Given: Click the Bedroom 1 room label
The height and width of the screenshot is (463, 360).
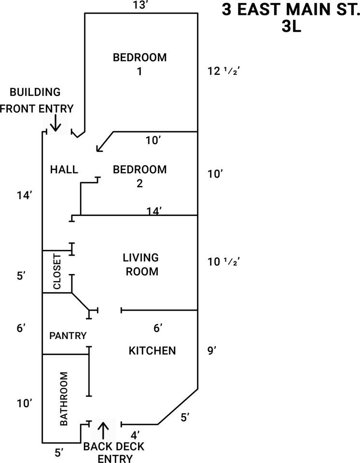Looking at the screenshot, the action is coord(140,64).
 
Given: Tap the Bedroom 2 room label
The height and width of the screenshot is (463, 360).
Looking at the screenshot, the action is coord(140,177).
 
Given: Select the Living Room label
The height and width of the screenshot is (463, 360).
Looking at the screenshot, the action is coord(141,264).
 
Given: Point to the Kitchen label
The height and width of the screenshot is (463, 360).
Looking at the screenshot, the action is coord(152,351).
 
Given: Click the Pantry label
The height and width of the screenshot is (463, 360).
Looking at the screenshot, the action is coord(68,336).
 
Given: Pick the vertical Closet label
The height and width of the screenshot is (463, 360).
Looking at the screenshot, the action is coord(57,272).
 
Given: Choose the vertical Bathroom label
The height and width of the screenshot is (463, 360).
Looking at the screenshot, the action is coord(64,399).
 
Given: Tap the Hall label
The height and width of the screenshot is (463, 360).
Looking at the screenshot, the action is coord(64,169).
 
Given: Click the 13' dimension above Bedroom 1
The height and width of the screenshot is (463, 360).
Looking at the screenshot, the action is coord(140,5).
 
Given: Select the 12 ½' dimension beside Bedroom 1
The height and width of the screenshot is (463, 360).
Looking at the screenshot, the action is coord(223,71).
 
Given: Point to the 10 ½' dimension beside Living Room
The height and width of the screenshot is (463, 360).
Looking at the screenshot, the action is coord(223,261).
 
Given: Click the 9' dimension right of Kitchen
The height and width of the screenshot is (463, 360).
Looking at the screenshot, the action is coord(212,351).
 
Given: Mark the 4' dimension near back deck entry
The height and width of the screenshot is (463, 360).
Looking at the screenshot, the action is coord(135,435).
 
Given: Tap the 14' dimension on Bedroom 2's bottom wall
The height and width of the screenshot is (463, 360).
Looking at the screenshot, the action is coord(154,211).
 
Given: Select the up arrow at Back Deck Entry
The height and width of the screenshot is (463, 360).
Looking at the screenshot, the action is coord(103,431).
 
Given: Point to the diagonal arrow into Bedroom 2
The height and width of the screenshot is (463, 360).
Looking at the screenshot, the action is coord(105,142).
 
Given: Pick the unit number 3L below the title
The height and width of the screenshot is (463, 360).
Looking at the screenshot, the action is coord(291,27).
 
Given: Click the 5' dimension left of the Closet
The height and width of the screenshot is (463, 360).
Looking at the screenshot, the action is coord(22,276).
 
